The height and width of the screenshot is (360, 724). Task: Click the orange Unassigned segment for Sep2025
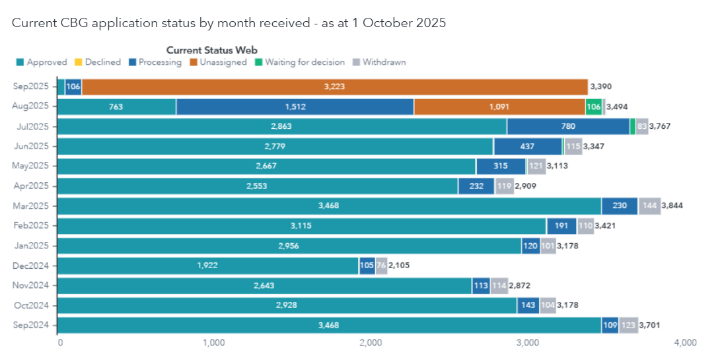point(334,87)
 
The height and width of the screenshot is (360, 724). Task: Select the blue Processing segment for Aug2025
point(295,107)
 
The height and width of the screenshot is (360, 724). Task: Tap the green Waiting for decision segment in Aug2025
point(593,107)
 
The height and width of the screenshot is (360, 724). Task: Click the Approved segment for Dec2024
point(207,266)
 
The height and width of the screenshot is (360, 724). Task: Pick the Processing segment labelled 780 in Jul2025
point(568,127)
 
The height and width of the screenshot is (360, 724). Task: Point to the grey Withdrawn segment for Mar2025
point(648,206)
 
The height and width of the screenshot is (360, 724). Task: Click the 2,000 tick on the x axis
point(371,343)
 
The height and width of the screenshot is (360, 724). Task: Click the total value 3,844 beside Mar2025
point(672,206)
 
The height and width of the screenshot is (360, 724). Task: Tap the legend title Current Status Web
point(211,50)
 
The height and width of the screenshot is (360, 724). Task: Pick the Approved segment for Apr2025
point(258,186)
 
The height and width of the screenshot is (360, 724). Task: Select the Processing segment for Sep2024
point(610,325)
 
